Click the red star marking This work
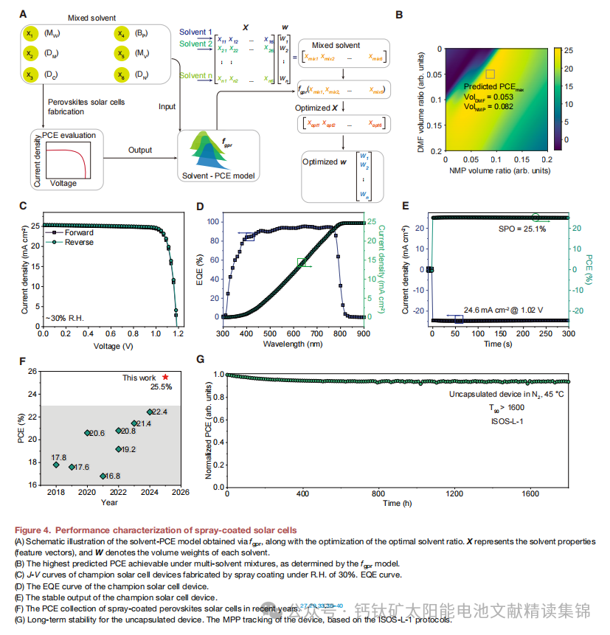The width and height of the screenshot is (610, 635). (x=165, y=377)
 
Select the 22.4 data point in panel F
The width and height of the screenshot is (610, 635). (x=150, y=412)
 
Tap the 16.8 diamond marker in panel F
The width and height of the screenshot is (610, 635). (x=103, y=476)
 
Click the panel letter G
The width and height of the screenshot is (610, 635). (x=201, y=359)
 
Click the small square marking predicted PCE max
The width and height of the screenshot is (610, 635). (x=490, y=74)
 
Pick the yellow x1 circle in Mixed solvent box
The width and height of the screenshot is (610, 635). (x=30, y=34)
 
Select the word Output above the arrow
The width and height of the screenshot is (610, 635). (x=141, y=150)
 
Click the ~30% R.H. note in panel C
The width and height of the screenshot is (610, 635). (x=64, y=316)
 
